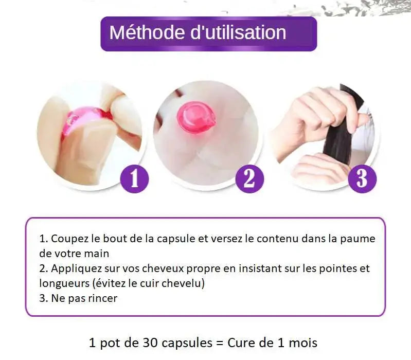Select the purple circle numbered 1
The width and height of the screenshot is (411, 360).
134,179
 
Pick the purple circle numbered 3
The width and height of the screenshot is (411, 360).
362,179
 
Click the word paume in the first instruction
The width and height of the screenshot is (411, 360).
361,239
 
